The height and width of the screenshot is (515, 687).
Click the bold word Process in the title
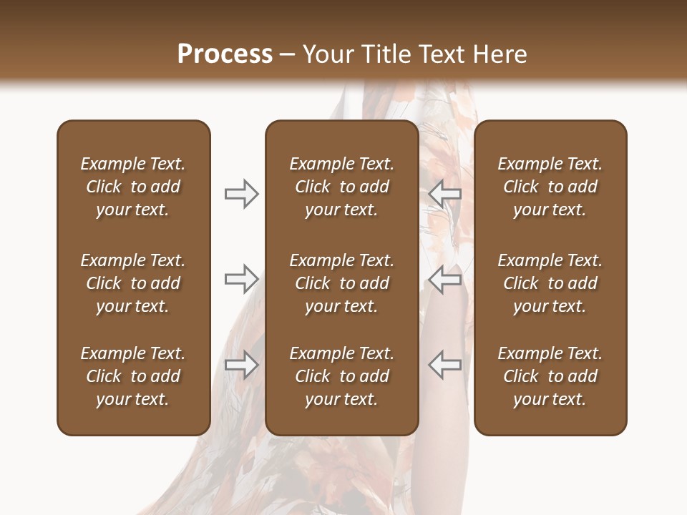pyautogui.click(x=225, y=54)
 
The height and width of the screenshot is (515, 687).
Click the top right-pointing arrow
pyautogui.click(x=241, y=194)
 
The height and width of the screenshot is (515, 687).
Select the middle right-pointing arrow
pyautogui.click(x=241, y=278)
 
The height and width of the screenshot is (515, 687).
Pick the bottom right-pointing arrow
pyautogui.click(x=241, y=364)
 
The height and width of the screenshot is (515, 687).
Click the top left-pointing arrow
pyautogui.click(x=445, y=194)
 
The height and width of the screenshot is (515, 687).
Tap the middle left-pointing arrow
pyautogui.click(x=445, y=278)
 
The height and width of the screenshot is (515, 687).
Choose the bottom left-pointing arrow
pyautogui.click(x=445, y=364)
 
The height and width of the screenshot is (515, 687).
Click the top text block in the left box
pyautogui.click(x=133, y=187)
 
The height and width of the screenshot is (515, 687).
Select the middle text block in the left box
pyautogui.click(x=133, y=283)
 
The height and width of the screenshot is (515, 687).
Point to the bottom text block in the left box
pyautogui.click(x=133, y=376)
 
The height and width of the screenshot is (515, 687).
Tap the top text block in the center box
pyautogui.click(x=341, y=187)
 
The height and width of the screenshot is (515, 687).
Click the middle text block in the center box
pyautogui.click(x=341, y=283)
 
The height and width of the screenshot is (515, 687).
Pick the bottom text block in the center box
pyautogui.click(x=341, y=376)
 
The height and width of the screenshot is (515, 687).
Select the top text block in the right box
pyautogui.click(x=550, y=187)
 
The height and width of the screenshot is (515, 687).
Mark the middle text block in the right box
pyautogui.click(x=550, y=283)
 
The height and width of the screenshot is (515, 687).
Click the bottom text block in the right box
pyautogui.click(x=550, y=376)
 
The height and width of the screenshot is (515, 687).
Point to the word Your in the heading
pyautogui.click(x=328, y=54)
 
